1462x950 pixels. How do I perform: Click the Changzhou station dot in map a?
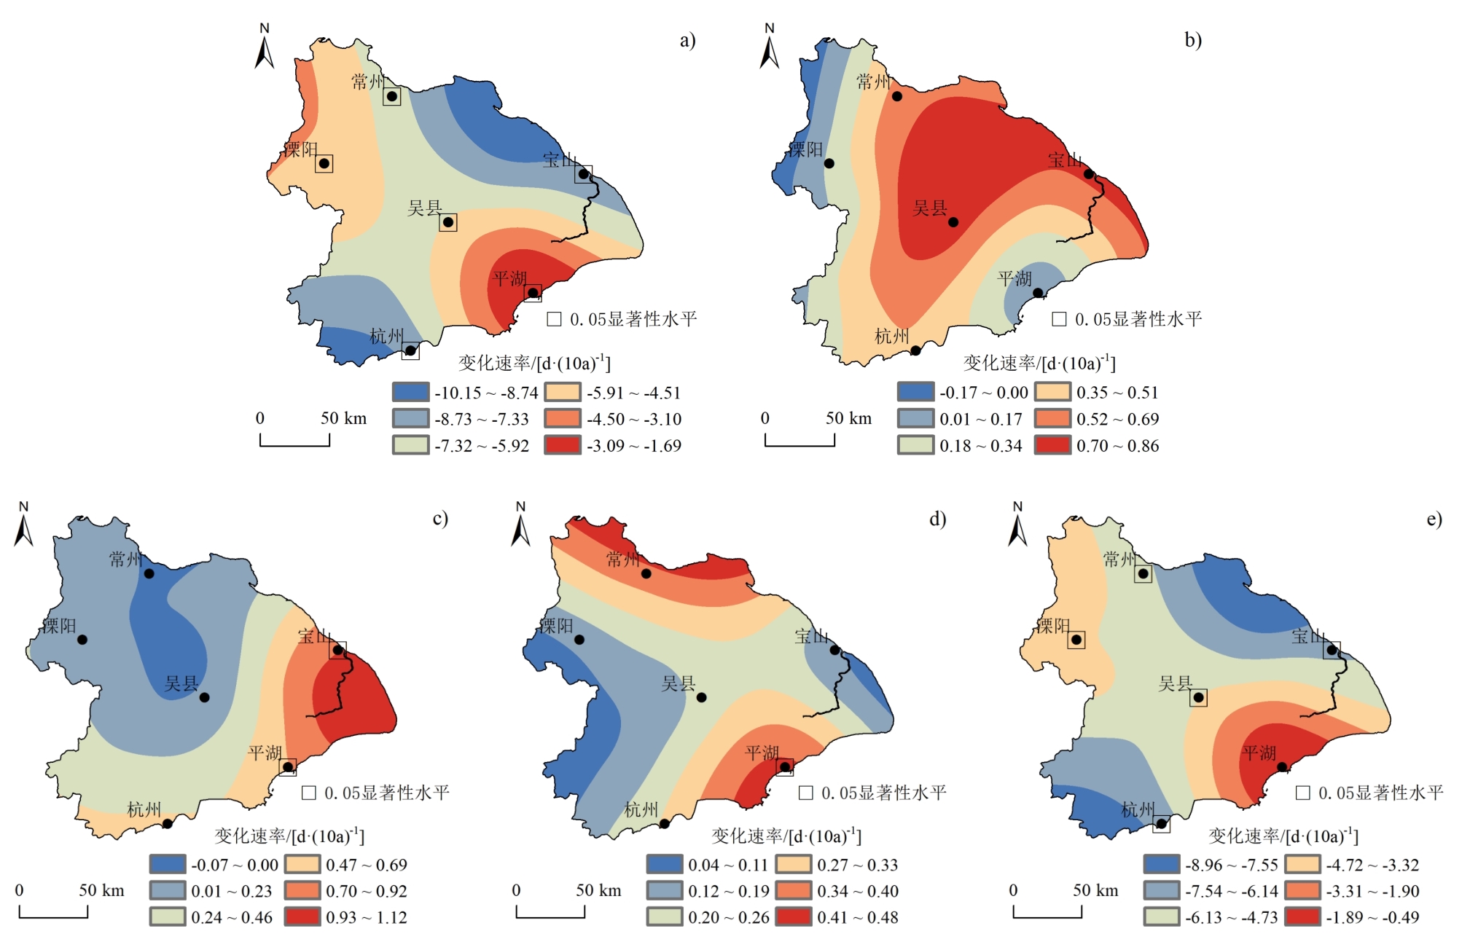[x=391, y=96]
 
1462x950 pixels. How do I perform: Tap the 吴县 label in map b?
[x=930, y=209]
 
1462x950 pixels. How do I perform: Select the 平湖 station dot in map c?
[x=288, y=767]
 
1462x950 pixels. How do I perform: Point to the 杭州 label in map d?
[x=641, y=810]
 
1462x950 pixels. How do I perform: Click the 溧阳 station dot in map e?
[x=1076, y=640]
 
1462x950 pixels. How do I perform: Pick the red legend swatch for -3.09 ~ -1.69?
[x=563, y=445]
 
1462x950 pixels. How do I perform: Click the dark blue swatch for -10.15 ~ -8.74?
[x=410, y=393]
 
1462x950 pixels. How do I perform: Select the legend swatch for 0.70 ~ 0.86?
[x=1052, y=445]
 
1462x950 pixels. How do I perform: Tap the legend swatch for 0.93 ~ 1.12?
[x=302, y=917]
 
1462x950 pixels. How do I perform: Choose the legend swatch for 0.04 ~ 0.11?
[x=664, y=865]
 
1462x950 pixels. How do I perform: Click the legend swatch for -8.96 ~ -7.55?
[x=1161, y=865]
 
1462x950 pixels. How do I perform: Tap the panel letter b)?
[x=1192, y=40]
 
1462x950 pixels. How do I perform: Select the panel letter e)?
[x=1434, y=519]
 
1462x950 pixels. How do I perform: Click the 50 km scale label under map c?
[x=102, y=890]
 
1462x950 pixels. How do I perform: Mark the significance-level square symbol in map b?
[x=1059, y=319]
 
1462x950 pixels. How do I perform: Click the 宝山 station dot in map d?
[x=834, y=650]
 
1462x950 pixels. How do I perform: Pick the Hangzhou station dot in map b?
[x=915, y=350]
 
